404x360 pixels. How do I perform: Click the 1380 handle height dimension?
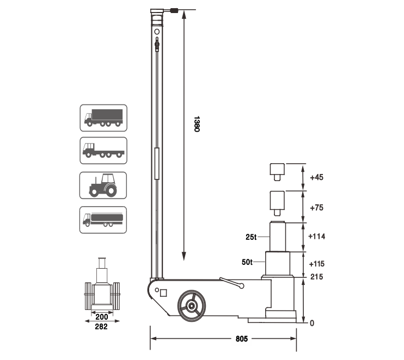(x=197, y=124)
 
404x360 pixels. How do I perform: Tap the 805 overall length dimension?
(x=242, y=339)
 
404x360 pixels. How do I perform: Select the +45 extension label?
(x=316, y=177)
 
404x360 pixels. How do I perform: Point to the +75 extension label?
(x=316, y=207)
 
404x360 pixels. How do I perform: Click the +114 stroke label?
(x=317, y=236)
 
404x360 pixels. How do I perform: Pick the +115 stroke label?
(x=317, y=264)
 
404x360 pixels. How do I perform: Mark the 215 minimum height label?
(x=317, y=277)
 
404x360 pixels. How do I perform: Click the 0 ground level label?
(x=312, y=323)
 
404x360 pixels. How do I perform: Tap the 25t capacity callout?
(x=251, y=237)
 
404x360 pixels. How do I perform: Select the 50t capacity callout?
(x=247, y=262)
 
